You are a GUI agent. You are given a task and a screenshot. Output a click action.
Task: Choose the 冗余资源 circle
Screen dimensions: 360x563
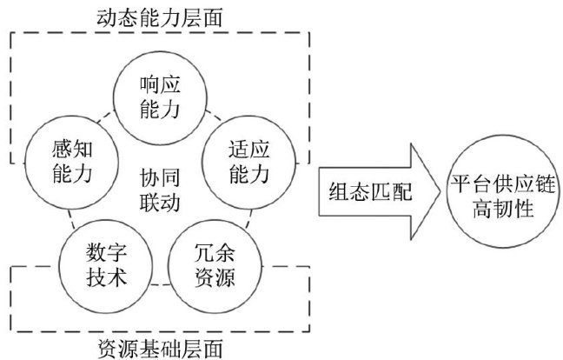pyautogui.click(x=212, y=264)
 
